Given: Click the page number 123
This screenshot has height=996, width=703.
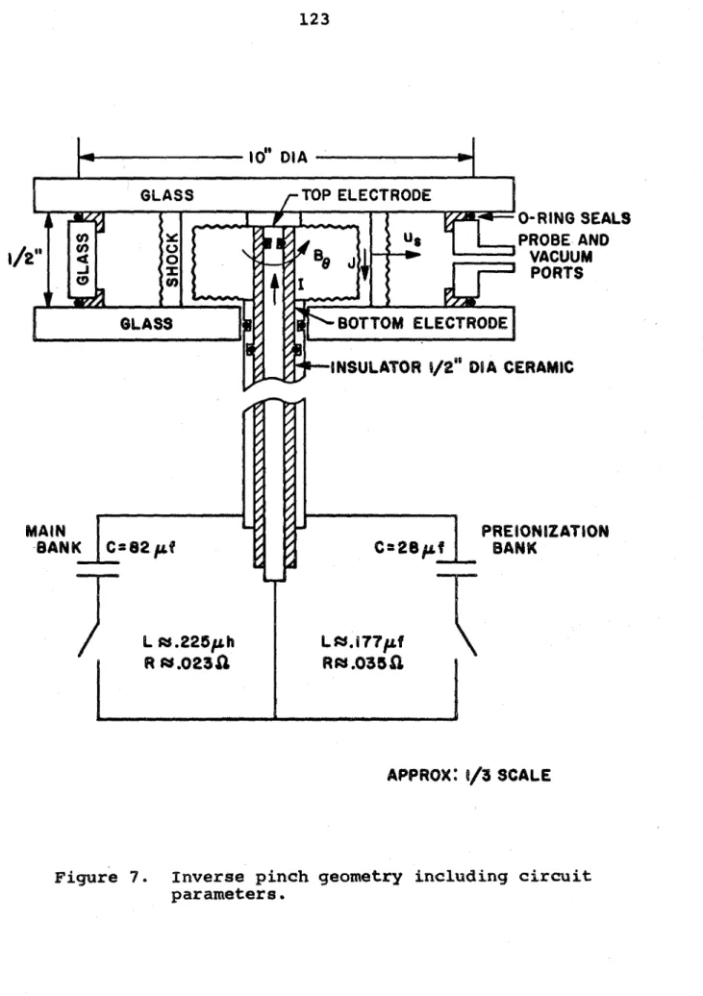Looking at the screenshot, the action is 314,19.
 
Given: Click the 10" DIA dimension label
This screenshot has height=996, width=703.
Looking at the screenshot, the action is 278,157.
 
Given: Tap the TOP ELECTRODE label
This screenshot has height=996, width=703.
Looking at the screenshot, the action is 366,195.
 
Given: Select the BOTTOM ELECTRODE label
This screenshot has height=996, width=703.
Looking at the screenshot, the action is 423,323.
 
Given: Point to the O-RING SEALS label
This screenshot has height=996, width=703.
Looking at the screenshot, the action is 574,218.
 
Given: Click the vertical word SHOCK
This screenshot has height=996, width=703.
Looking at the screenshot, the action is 171,260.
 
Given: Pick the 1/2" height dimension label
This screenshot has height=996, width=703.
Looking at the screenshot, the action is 23,258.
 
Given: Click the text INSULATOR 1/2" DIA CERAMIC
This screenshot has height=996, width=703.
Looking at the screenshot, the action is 452,367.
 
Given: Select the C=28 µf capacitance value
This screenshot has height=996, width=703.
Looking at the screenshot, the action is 410,548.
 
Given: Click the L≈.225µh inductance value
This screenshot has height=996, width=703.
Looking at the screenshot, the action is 188,642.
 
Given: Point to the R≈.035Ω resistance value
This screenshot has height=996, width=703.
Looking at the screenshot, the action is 363,663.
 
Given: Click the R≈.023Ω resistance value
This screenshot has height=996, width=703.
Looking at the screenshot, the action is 187,663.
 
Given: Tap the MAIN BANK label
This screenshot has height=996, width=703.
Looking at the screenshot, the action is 54,539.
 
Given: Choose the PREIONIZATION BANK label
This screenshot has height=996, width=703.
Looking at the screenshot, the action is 544,539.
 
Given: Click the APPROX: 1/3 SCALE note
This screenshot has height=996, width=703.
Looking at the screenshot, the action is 469,775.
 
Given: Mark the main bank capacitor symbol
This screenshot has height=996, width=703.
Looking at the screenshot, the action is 98,569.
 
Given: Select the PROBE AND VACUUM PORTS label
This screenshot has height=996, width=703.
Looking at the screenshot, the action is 564,257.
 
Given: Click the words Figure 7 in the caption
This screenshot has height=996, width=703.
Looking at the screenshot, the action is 100,878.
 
